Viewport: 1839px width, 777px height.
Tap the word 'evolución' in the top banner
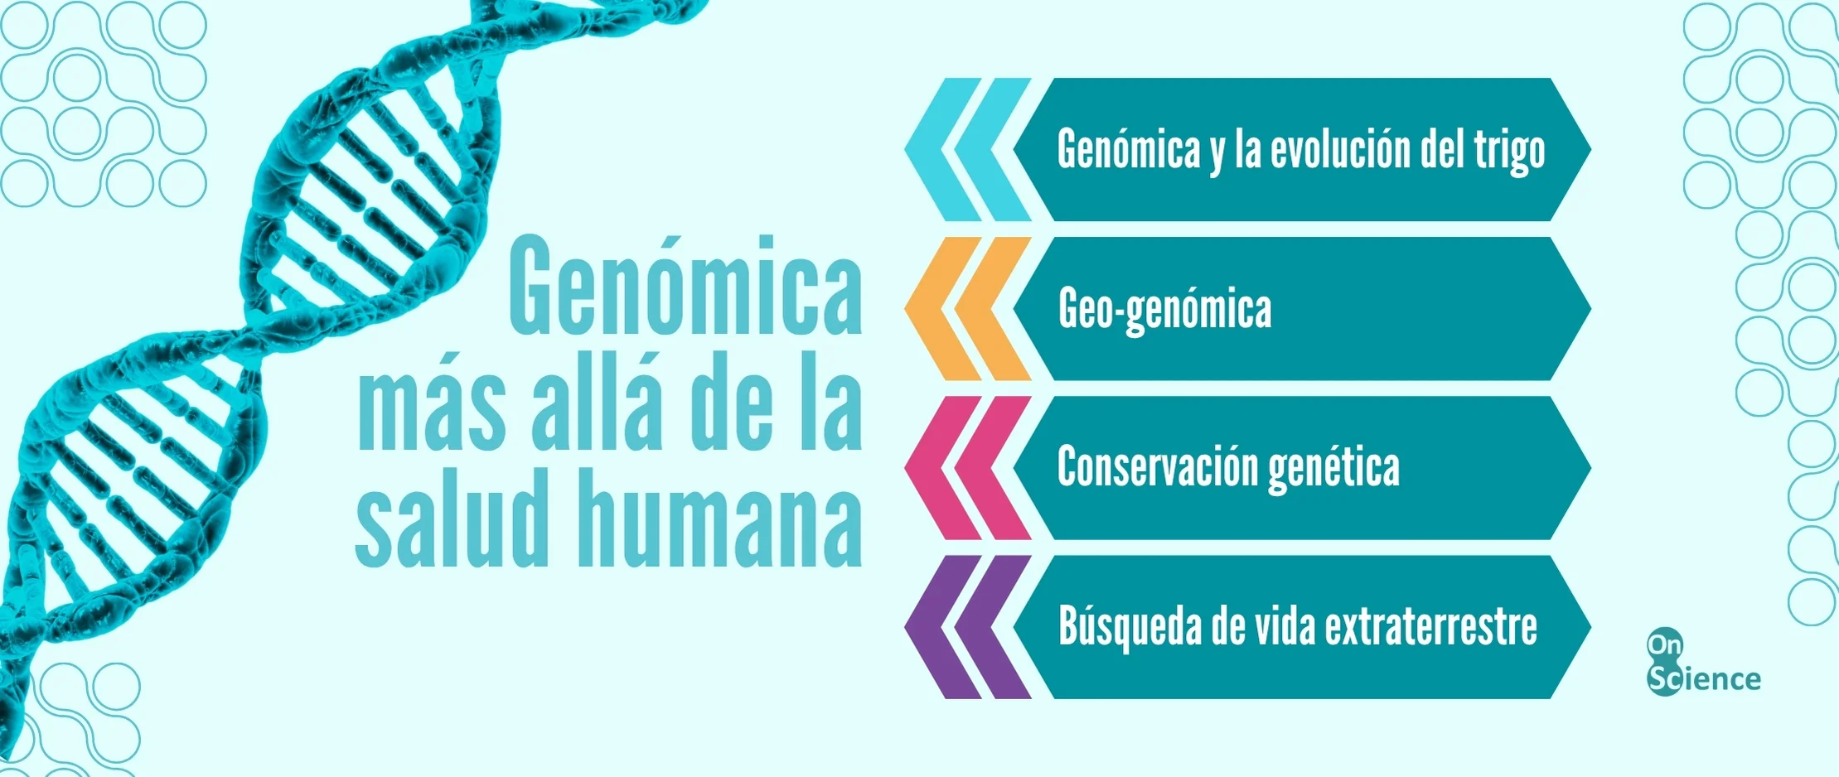point(1338,150)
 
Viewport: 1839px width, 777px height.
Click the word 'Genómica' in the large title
point(685,287)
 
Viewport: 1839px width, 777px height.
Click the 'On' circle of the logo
point(1664,644)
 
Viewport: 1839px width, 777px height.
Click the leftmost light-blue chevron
point(943,150)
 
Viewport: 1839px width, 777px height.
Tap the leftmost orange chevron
point(943,309)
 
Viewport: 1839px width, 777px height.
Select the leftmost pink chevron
point(943,468)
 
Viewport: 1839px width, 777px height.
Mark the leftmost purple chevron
point(943,627)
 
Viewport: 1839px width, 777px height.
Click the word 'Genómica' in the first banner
point(1129,150)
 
